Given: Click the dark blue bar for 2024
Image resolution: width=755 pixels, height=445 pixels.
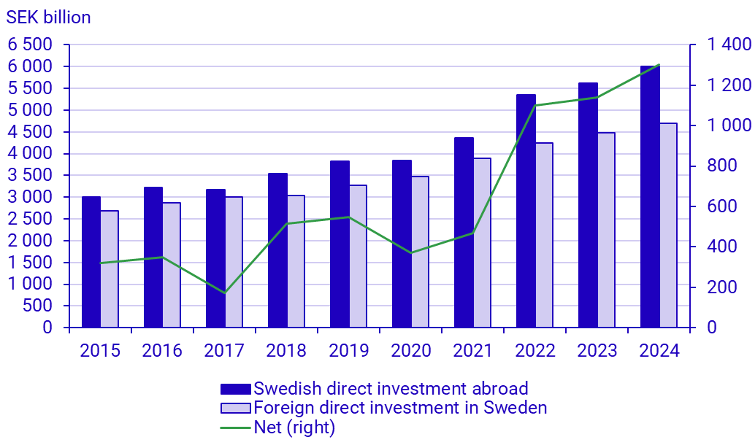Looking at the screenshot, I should pyautogui.click(x=650, y=197).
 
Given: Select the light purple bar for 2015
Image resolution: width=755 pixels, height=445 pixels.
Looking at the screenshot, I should pyautogui.click(x=110, y=269).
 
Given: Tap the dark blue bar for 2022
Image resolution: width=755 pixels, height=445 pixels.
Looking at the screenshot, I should pyautogui.click(x=526, y=212).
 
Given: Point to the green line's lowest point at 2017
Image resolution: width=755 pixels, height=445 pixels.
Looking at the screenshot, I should pyautogui.click(x=225, y=293).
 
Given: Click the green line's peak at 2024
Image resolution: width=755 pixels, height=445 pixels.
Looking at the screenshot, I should pyautogui.click(x=659, y=65).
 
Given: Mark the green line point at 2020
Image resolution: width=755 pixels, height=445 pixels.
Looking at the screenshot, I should pyautogui.click(x=411, y=253).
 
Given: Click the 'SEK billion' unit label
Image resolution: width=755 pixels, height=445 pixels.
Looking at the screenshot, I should pyautogui.click(x=48, y=18).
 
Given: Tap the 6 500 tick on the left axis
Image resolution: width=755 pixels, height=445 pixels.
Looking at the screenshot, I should pyautogui.click(x=31, y=44).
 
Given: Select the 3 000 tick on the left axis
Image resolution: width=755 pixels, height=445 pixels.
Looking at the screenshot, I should pyautogui.click(x=31, y=197).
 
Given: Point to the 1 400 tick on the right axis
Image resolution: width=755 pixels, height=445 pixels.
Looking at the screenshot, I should pyautogui.click(x=729, y=45).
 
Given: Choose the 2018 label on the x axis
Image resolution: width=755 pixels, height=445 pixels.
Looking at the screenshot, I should pyautogui.click(x=286, y=351).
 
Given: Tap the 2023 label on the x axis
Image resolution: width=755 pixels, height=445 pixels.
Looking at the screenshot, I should pyautogui.click(x=597, y=351).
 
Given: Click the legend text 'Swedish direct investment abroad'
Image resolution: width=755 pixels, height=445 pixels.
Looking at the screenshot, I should pyautogui.click(x=391, y=388).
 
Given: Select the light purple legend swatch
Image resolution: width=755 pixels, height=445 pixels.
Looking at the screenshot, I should pyautogui.click(x=236, y=408).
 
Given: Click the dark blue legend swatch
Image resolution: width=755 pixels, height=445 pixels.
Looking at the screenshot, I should pyautogui.click(x=236, y=388).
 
